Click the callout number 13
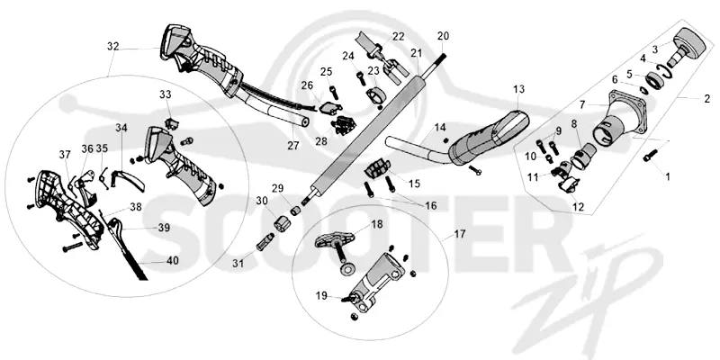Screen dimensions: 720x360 pyautogui.click(x=519, y=89)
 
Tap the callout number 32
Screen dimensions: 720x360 pyautogui.click(x=113, y=47)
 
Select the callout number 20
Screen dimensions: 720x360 pyautogui.click(x=444, y=36)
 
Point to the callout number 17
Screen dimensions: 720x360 pyautogui.click(x=460, y=234)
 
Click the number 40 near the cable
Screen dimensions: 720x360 pyautogui.click(x=173, y=260)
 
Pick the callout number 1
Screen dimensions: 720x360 pyautogui.click(x=668, y=176)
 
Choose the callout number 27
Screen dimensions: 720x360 pyautogui.click(x=293, y=146)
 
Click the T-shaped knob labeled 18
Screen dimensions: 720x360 pyautogui.click(x=335, y=239)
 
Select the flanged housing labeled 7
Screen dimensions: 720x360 pyautogui.click(x=616, y=119)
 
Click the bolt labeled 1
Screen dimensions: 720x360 pyautogui.click(x=650, y=155)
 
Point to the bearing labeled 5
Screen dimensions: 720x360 pyautogui.click(x=652, y=80)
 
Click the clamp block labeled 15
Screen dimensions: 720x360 pyautogui.click(x=377, y=167)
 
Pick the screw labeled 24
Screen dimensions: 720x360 pyautogui.click(x=361, y=78)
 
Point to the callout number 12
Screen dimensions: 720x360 pyautogui.click(x=579, y=208)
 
